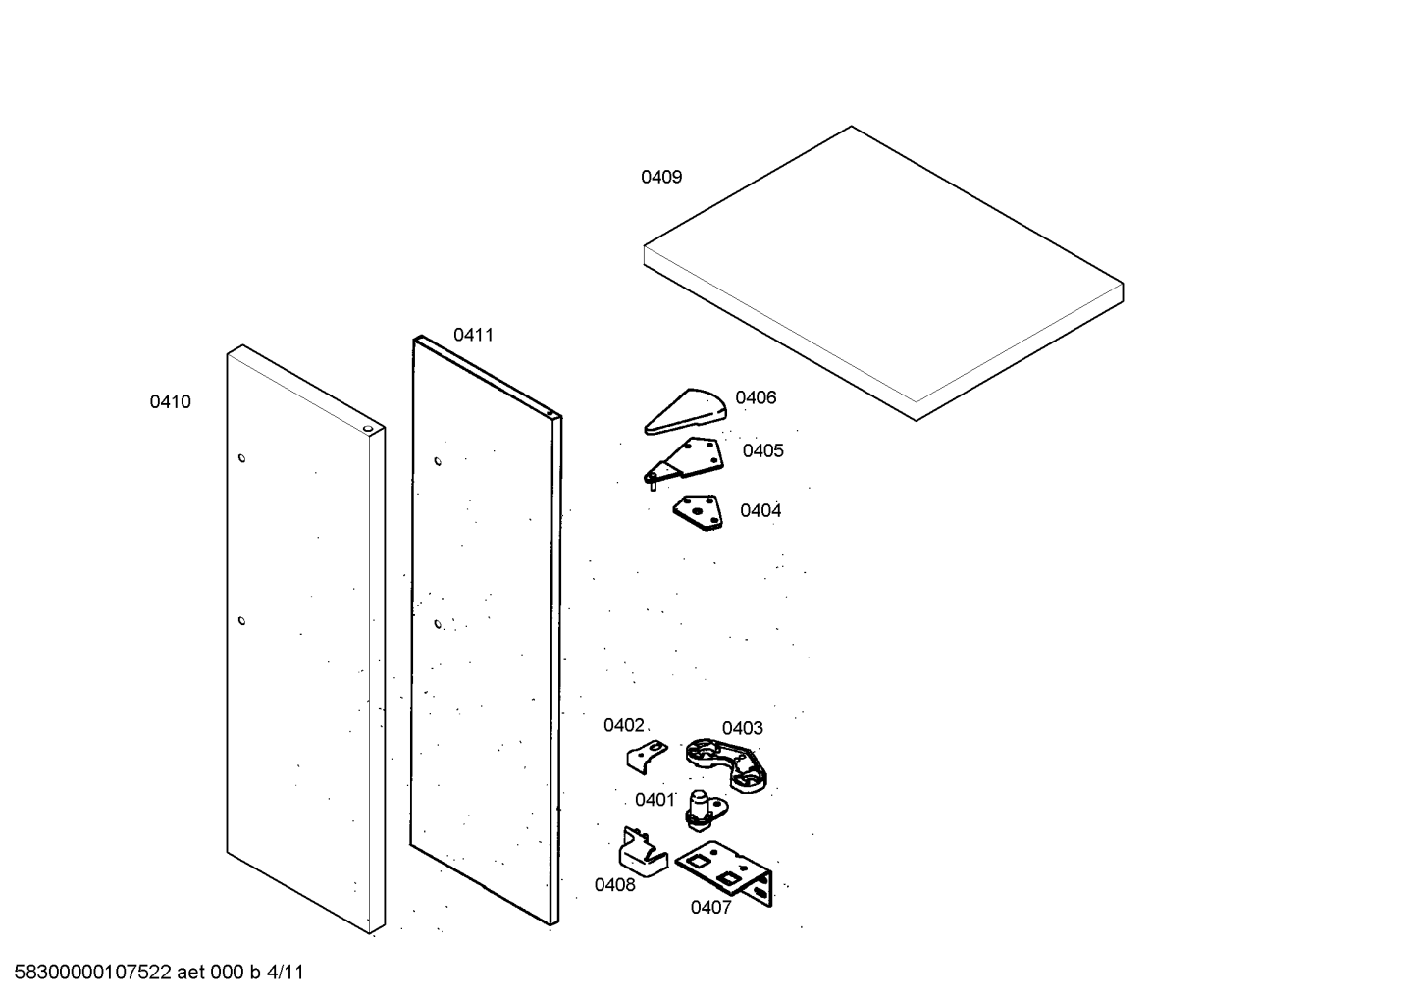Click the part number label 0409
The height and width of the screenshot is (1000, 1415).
click(x=661, y=178)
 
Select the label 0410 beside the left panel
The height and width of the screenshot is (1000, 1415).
click(x=170, y=402)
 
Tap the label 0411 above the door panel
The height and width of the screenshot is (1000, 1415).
click(x=473, y=336)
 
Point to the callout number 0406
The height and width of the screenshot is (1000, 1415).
click(x=756, y=398)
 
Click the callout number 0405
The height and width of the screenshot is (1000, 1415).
click(x=762, y=451)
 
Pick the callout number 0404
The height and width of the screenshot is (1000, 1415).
click(x=760, y=511)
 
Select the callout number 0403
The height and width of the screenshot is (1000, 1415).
click(x=742, y=729)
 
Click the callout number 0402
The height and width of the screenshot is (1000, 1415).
click(x=623, y=726)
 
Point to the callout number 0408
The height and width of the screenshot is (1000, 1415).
click(x=614, y=885)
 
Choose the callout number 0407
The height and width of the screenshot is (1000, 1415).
click(x=710, y=908)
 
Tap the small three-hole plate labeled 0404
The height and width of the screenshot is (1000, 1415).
click(x=698, y=511)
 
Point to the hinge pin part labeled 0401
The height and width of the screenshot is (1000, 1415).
click(x=705, y=807)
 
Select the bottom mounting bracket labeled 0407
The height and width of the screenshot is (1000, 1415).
click(x=726, y=868)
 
